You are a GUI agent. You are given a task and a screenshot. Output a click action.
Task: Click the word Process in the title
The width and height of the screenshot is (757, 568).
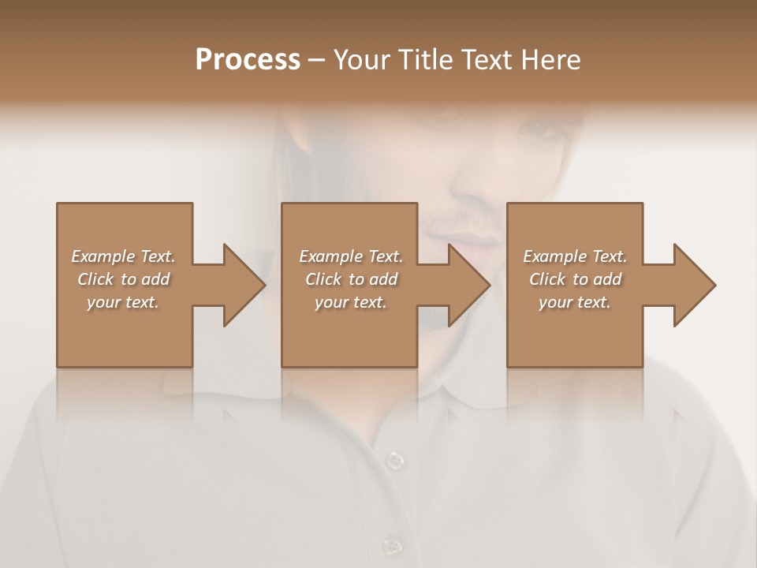tap(248, 60)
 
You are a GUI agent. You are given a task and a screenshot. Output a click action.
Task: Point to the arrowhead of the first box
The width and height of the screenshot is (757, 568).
tap(241, 285)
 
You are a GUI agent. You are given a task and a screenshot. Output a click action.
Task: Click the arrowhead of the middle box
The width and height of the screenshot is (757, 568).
tap(466, 285)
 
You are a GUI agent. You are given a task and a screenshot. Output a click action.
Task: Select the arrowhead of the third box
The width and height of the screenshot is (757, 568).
tap(692, 285)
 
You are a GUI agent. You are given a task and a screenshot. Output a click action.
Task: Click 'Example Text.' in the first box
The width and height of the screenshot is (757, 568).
tap(123, 256)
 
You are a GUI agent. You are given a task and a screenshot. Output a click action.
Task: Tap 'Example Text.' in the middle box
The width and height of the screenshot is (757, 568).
tap(351, 256)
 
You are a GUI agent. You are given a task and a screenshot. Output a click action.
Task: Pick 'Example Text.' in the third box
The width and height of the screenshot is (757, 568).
tap(575, 256)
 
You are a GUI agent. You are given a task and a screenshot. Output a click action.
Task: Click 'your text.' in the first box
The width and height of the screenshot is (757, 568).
tap(123, 302)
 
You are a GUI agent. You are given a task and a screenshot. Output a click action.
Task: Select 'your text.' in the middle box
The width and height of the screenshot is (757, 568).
tap(351, 302)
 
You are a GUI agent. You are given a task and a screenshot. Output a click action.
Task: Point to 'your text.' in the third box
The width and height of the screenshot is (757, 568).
tap(575, 302)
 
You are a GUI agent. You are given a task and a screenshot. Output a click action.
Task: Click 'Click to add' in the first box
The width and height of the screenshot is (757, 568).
tap(123, 279)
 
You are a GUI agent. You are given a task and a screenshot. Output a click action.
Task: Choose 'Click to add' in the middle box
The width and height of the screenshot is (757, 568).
tap(351, 279)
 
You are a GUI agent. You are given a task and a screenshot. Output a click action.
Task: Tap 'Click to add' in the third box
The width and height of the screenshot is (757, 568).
tap(575, 279)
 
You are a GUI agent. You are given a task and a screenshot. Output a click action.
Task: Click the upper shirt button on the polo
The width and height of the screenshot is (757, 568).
tap(394, 459)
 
